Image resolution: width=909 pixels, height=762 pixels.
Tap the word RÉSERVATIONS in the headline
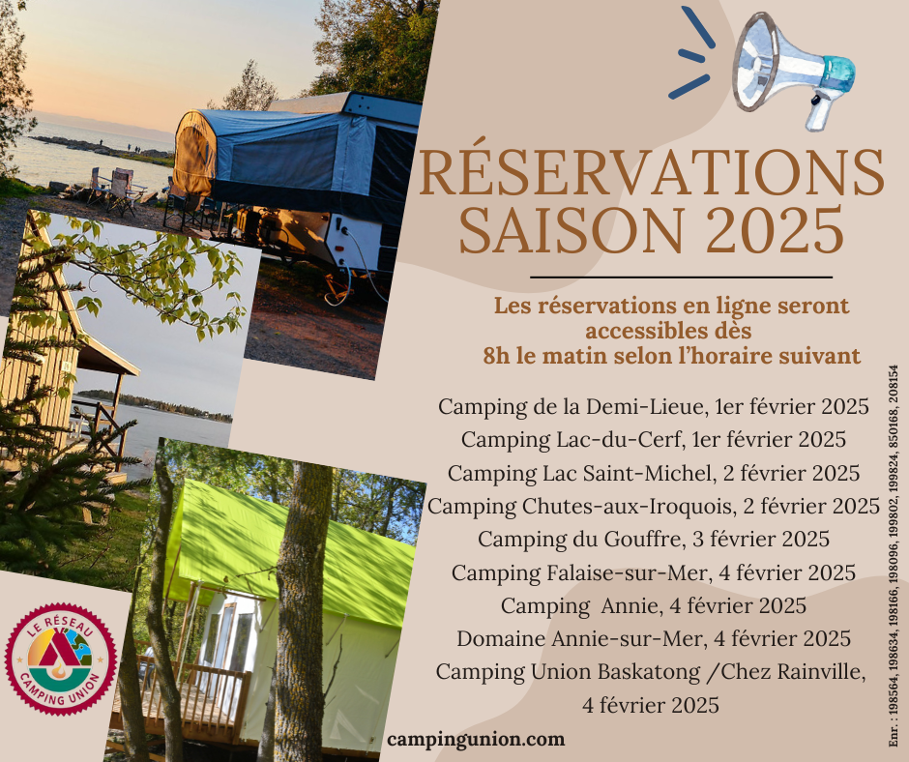[x=651, y=173]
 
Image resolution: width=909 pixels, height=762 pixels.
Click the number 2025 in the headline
[x=775, y=230]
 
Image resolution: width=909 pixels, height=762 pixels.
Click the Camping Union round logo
[x=61, y=659]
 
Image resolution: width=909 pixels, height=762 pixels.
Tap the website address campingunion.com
[x=476, y=740]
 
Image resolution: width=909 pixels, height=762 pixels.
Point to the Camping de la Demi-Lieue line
[x=654, y=406]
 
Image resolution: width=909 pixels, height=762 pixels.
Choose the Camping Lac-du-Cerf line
[x=654, y=440]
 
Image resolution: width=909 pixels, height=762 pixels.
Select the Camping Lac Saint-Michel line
[x=654, y=473]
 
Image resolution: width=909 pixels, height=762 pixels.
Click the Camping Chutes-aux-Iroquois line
[x=654, y=507]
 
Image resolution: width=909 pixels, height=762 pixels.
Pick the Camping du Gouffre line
[x=654, y=540]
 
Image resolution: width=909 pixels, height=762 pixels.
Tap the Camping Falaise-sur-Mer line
[x=654, y=572]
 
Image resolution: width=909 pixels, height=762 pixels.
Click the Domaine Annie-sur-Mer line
[x=654, y=639]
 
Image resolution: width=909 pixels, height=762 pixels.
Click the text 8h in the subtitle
[x=497, y=356]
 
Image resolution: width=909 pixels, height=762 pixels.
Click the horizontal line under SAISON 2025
[x=681, y=278]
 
